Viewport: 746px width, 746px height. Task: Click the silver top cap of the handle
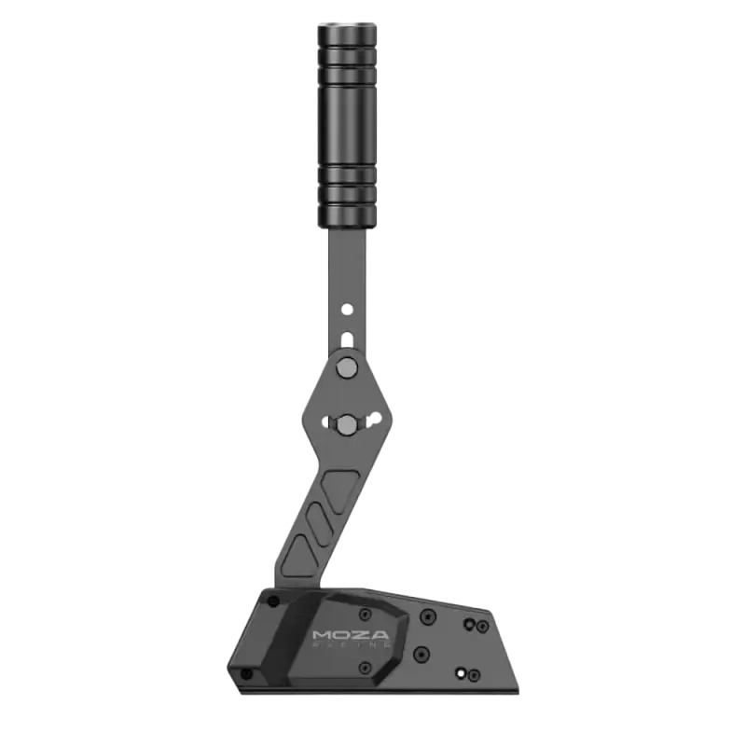coord(347,21)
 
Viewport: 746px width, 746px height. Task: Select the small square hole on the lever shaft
coord(347,338)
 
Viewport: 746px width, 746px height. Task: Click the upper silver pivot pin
coord(347,367)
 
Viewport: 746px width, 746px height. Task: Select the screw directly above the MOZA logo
coord(365,615)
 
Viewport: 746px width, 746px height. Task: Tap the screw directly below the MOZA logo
coord(365,668)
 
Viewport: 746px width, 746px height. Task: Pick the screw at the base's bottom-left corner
coord(246,673)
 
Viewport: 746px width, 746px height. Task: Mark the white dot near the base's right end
coord(460,671)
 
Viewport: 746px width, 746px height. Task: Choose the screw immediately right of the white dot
coord(475,673)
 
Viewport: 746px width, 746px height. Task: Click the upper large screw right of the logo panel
coord(427,616)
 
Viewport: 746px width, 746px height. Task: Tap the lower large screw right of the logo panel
coord(421,653)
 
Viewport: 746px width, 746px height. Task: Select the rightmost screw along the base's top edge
coord(481,627)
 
